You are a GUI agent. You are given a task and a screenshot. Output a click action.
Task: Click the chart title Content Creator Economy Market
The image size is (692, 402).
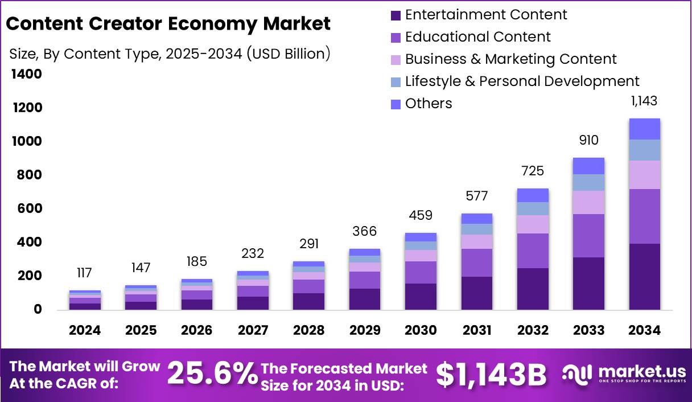pyautogui.click(x=168, y=24)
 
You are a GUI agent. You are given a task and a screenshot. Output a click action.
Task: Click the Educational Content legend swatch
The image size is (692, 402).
pyautogui.click(x=396, y=38)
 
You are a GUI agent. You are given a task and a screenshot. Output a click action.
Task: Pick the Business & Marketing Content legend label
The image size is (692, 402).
pyautogui.click(x=510, y=59)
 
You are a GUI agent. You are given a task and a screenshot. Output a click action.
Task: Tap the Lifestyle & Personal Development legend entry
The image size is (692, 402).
pyautogui.click(x=522, y=81)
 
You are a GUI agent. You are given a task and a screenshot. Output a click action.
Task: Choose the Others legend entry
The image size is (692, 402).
pyautogui.click(x=428, y=104)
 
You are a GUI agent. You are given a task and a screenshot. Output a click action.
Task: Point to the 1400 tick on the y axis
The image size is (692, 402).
pyautogui.click(x=26, y=74)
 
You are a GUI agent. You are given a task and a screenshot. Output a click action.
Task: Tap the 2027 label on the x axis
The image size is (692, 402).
pyautogui.click(x=253, y=331)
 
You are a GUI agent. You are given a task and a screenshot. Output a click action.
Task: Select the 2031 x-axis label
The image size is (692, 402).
pyautogui.click(x=476, y=331)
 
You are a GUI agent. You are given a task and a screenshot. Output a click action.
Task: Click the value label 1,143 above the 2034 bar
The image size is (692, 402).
pyautogui.click(x=644, y=101)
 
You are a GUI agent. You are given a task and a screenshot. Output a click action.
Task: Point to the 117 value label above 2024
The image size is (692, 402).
pyautogui.click(x=84, y=273)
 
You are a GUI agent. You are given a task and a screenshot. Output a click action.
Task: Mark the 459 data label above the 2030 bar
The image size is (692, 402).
pyautogui.click(x=421, y=216)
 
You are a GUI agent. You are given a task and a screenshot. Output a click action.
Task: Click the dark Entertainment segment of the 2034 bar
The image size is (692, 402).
pyautogui.click(x=644, y=277)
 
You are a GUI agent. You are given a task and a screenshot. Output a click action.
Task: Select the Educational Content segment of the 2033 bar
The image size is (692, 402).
pyautogui.click(x=588, y=236)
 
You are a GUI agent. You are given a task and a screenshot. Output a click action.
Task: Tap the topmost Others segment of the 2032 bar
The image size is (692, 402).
pyautogui.click(x=533, y=195)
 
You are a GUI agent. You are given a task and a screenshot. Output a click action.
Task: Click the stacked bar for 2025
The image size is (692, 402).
pyautogui.click(x=141, y=298)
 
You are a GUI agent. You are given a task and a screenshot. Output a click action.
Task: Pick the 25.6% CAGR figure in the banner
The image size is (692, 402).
pyautogui.click(x=212, y=374)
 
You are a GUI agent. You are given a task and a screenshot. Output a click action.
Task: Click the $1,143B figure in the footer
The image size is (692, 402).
pyautogui.click(x=491, y=374)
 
